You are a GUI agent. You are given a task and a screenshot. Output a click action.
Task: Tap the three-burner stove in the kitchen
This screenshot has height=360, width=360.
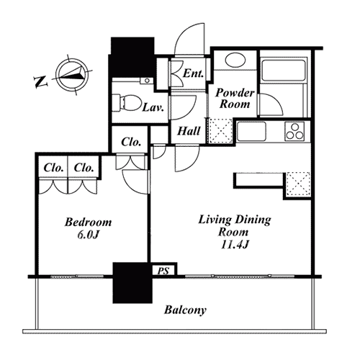(x=294, y=131)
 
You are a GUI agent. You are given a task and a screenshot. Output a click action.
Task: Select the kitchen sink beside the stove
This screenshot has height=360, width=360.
(x=251, y=131)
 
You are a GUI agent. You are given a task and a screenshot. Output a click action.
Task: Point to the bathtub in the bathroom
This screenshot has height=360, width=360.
(x=284, y=71)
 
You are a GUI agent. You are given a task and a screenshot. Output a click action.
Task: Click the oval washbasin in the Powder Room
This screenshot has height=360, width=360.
(x=235, y=60)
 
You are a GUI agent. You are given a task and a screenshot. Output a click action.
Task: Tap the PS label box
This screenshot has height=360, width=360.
(x=165, y=270)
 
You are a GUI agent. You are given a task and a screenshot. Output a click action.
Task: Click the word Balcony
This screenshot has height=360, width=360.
(x=185, y=310)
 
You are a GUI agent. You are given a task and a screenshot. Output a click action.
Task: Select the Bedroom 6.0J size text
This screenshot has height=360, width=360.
(x=89, y=235)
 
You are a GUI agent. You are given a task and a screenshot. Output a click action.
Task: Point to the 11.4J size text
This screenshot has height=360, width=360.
(x=234, y=245)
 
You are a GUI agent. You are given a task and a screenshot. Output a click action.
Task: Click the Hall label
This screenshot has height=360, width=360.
(x=189, y=131)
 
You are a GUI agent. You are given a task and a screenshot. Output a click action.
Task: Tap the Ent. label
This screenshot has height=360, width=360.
(x=193, y=73)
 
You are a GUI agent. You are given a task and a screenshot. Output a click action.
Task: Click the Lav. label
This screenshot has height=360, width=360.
(x=153, y=107)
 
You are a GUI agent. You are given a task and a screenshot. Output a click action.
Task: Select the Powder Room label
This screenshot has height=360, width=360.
(x=235, y=99)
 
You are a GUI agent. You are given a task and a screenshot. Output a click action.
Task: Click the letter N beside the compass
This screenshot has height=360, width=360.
(x=41, y=82)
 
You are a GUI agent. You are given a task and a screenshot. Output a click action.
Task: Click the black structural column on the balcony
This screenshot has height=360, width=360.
(x=132, y=283)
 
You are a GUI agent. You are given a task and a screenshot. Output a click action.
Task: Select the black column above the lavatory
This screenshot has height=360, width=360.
(x=132, y=57)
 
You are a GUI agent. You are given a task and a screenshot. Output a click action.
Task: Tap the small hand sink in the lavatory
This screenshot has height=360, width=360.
(x=147, y=81)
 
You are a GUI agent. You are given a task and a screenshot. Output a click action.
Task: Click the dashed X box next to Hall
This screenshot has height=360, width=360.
(x=221, y=131)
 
